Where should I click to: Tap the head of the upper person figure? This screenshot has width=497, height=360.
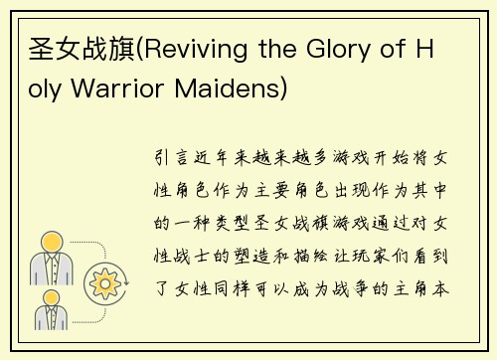click(x=49, y=242)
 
